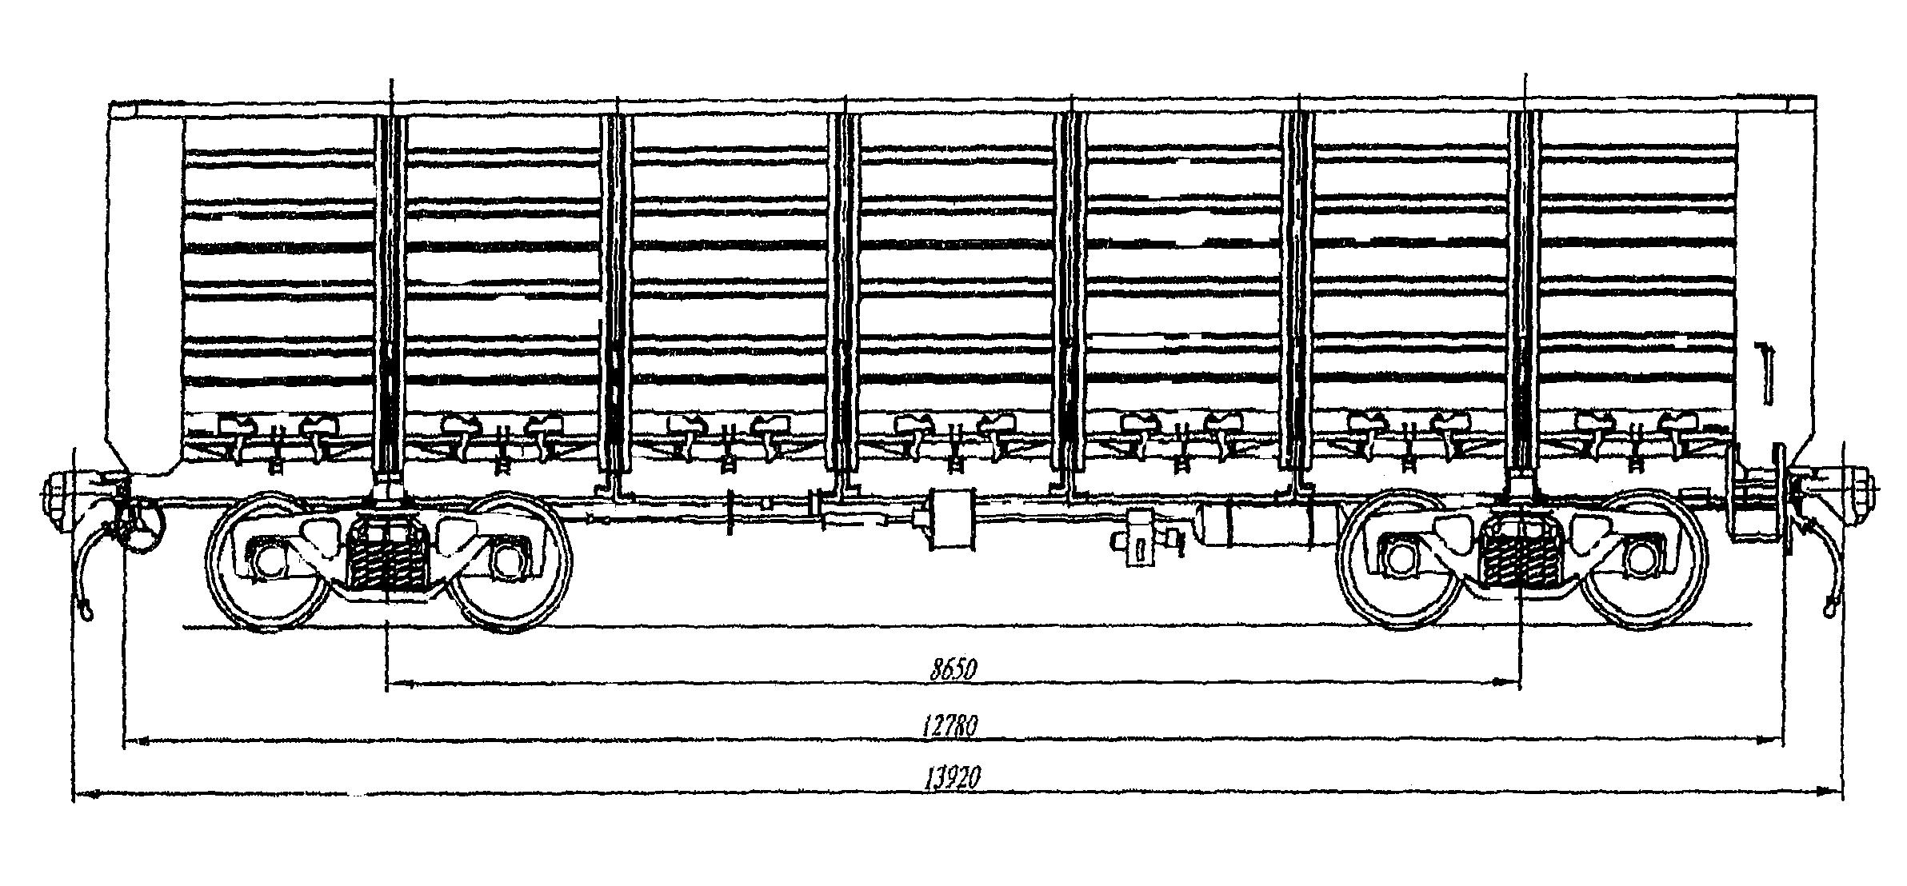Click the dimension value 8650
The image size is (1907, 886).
tap(953, 668)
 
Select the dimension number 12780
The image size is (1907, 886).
tap(950, 726)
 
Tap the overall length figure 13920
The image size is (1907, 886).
tap(953, 778)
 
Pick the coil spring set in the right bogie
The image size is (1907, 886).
tap(1519, 557)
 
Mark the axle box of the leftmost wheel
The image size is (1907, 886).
tap(266, 561)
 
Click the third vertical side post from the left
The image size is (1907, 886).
tap(843, 292)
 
